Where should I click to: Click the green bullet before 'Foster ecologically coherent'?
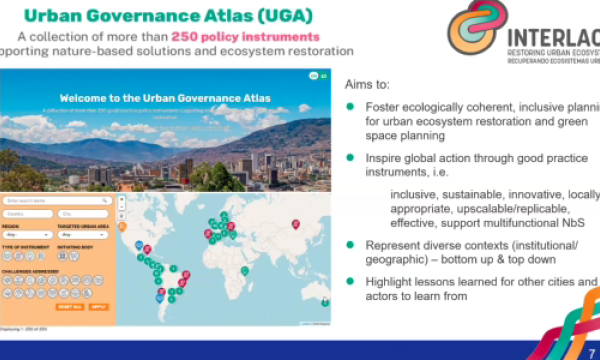[x=350, y=107]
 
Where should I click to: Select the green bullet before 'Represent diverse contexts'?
[x=350, y=245]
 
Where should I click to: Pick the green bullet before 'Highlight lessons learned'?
[x=350, y=281]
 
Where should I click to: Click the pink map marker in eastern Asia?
[x=295, y=224]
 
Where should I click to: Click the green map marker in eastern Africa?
[x=244, y=270]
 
